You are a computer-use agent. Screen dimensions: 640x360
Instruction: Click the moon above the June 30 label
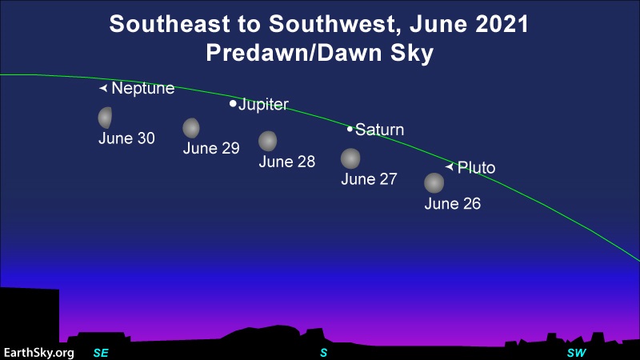click(x=105, y=118)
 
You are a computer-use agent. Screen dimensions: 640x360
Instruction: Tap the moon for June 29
click(x=191, y=128)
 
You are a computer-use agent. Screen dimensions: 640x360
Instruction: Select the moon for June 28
click(x=268, y=142)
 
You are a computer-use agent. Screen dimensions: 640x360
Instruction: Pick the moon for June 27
click(x=350, y=158)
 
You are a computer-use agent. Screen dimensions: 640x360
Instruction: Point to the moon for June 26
click(x=434, y=183)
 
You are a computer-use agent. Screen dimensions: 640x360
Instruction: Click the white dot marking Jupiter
click(x=233, y=104)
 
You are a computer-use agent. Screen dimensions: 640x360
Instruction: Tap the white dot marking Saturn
click(x=350, y=129)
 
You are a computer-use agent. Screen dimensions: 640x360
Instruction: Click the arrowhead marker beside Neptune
click(x=103, y=88)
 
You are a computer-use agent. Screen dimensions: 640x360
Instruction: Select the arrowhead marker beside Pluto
click(x=450, y=166)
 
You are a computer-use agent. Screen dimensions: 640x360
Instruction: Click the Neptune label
click(x=143, y=88)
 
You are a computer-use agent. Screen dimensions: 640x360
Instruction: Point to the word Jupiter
click(x=263, y=105)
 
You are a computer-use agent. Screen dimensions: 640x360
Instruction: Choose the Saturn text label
click(x=379, y=130)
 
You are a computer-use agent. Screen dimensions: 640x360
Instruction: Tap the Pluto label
click(x=476, y=167)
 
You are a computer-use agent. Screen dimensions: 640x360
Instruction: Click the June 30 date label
click(x=126, y=138)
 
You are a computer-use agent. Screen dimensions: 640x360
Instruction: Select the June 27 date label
click(x=369, y=179)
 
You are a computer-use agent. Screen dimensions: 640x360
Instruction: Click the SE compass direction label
click(x=101, y=353)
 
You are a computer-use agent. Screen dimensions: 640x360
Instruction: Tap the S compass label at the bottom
click(x=324, y=353)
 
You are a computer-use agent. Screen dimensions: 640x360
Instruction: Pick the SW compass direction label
click(x=576, y=353)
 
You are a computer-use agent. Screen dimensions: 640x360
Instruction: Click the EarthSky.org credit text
click(x=38, y=353)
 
